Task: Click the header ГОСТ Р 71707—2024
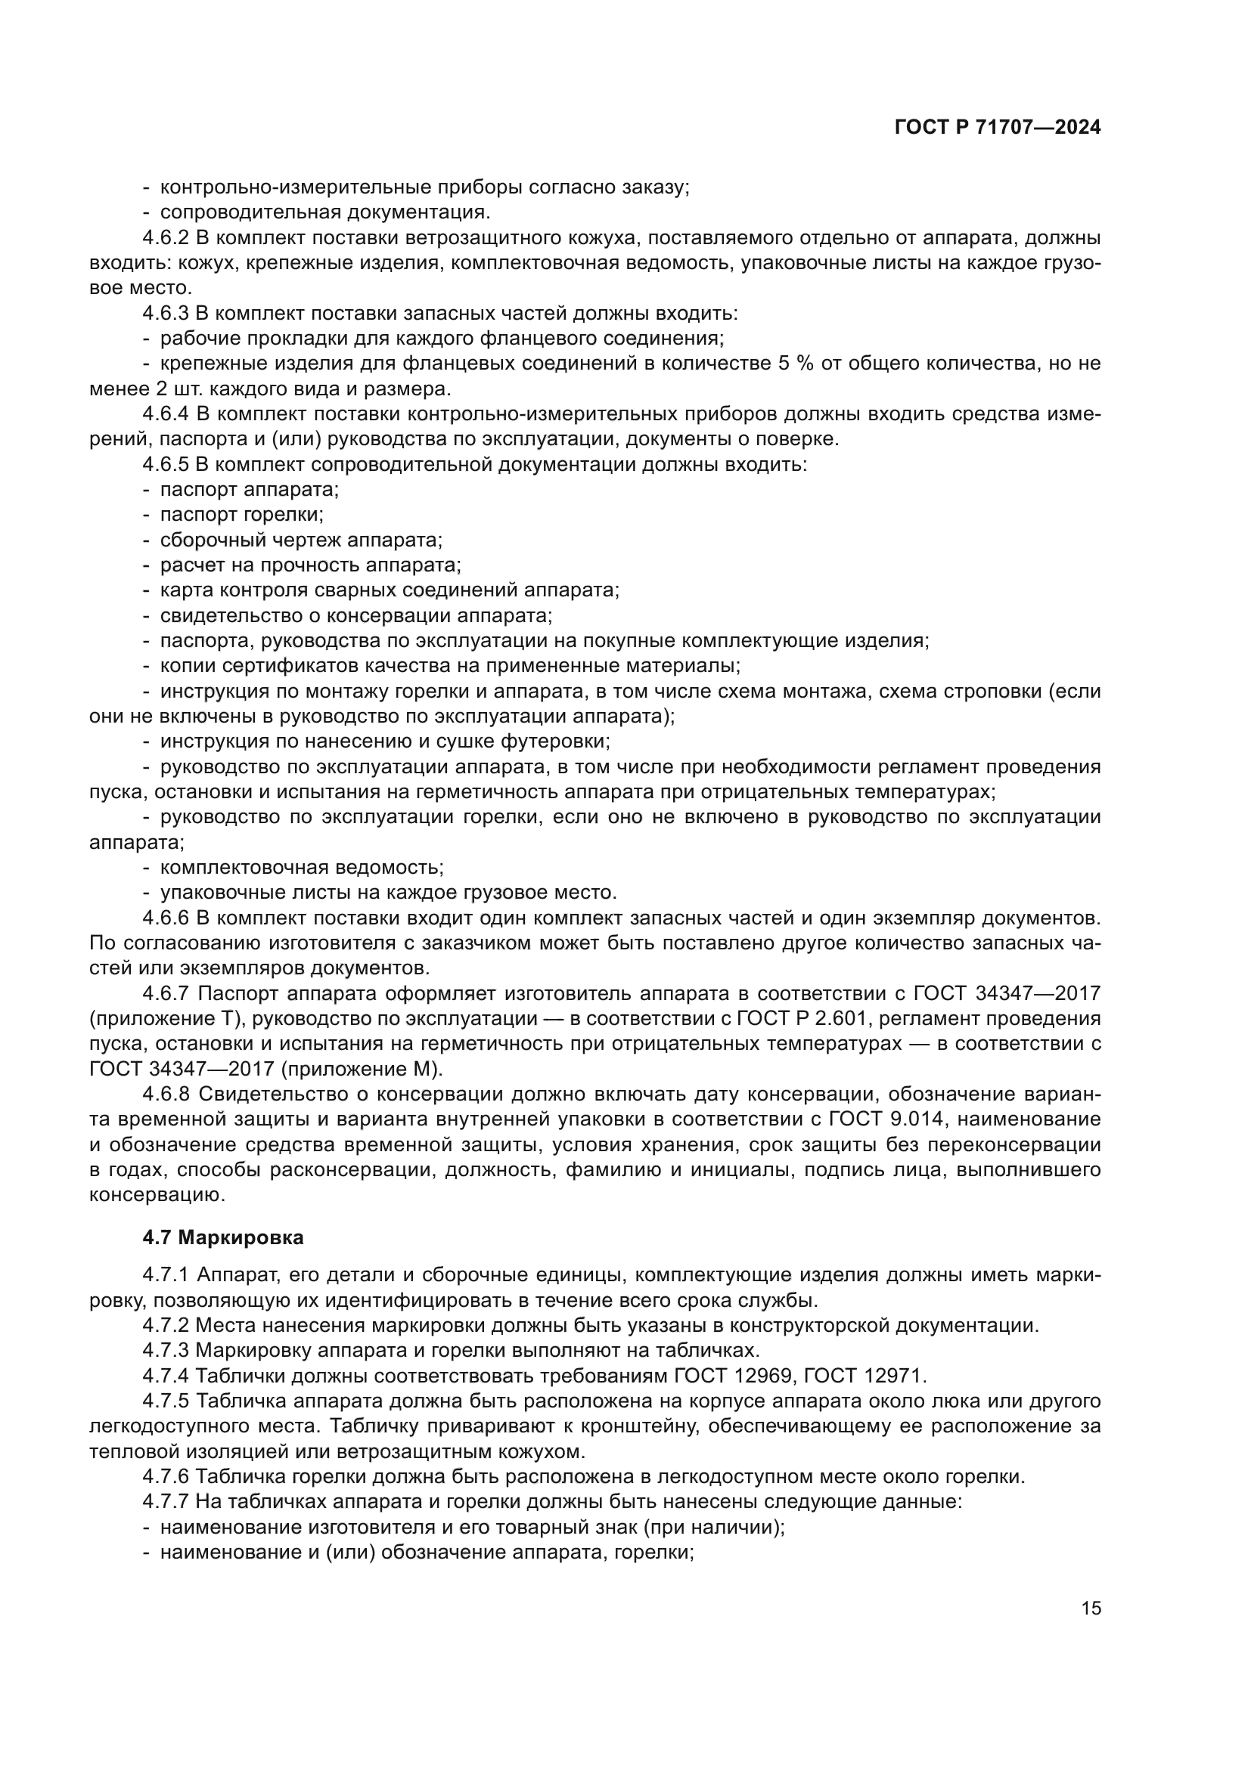tap(998, 128)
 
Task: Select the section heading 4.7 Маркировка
tap(222, 1237)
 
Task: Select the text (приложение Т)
tap(166, 1019)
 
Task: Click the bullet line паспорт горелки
tap(241, 515)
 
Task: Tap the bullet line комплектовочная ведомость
tap(301, 868)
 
